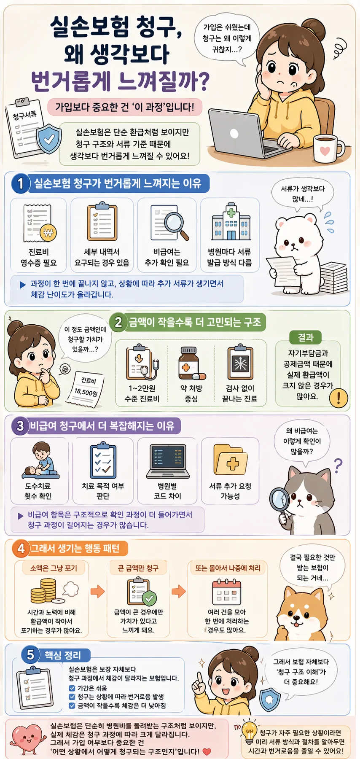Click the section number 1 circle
pyautogui.click(x=20, y=184)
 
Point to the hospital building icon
pyautogui.click(x=231, y=222)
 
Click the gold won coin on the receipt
pyautogui.click(x=48, y=232)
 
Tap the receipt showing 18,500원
pyautogui.click(x=87, y=390)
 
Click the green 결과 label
pyautogui.click(x=306, y=337)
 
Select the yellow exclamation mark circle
pyautogui.click(x=338, y=397)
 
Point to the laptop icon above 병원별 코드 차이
pyautogui.click(x=167, y=462)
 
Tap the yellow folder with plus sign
pyautogui.click(x=230, y=461)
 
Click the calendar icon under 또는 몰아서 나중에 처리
pyautogui.click(x=226, y=592)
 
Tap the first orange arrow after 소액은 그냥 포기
pyautogui.click(x=98, y=591)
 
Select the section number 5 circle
pyautogui.click(x=30, y=655)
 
